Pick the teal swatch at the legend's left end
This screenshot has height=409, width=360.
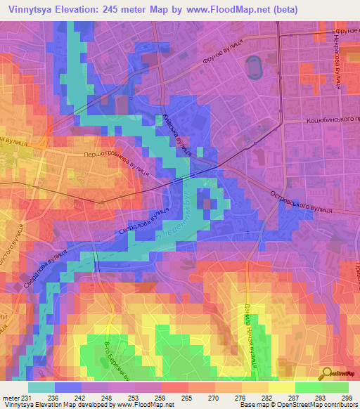click(41, 387)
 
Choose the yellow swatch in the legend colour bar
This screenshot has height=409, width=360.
click(281, 387)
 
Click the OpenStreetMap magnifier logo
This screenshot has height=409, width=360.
click(326, 373)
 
